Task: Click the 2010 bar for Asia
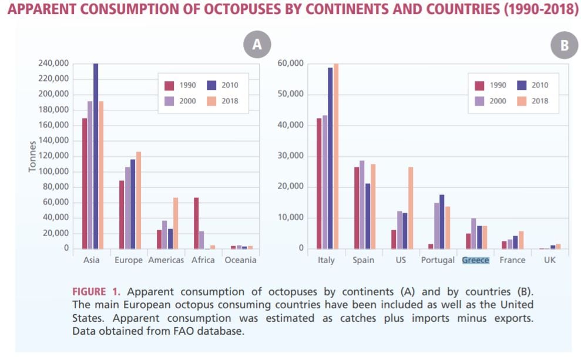point(96,156)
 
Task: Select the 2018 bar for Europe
point(139,200)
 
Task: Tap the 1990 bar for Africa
point(196,223)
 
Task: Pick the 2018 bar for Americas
point(175,223)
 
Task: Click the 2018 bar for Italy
point(336,156)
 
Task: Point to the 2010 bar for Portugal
point(442,221)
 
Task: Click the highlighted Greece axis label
point(475,260)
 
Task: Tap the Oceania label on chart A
point(240,260)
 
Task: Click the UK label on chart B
point(549,260)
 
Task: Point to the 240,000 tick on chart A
point(53,63)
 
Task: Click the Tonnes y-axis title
point(33,156)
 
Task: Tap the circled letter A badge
point(257,45)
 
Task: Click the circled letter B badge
point(565,46)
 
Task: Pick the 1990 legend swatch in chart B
point(479,85)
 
